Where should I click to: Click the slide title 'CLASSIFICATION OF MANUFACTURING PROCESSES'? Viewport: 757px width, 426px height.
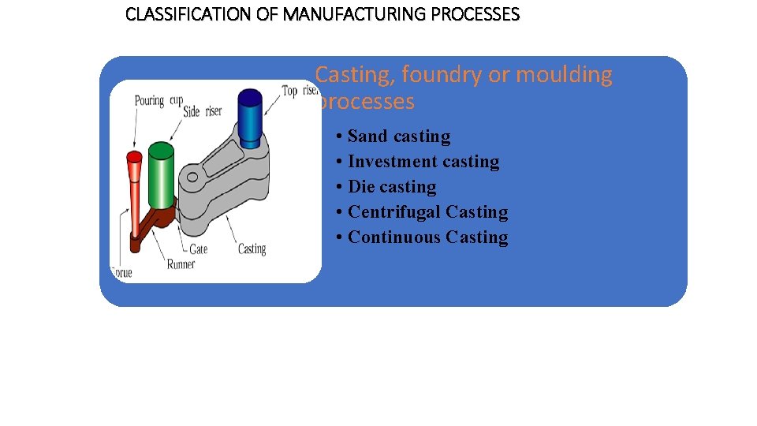click(323, 14)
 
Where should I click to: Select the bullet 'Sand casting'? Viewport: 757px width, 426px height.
click(398, 136)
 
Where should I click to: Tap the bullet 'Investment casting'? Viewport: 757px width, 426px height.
click(423, 162)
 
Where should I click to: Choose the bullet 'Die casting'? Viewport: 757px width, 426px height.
click(391, 187)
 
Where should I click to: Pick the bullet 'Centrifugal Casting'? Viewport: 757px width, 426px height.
click(427, 212)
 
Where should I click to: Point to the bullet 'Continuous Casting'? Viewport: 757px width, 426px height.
click(427, 237)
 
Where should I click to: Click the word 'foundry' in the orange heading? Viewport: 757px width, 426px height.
click(442, 75)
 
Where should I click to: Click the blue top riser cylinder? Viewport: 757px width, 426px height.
click(250, 118)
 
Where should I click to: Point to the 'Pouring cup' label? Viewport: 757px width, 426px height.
click(158, 101)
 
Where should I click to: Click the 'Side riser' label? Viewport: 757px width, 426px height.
click(202, 112)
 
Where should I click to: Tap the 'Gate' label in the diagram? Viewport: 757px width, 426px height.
click(199, 249)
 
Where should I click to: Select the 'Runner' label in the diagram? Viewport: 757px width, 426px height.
click(181, 264)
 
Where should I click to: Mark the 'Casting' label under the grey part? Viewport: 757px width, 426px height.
click(252, 249)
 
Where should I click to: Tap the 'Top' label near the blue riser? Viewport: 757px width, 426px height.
click(289, 92)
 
